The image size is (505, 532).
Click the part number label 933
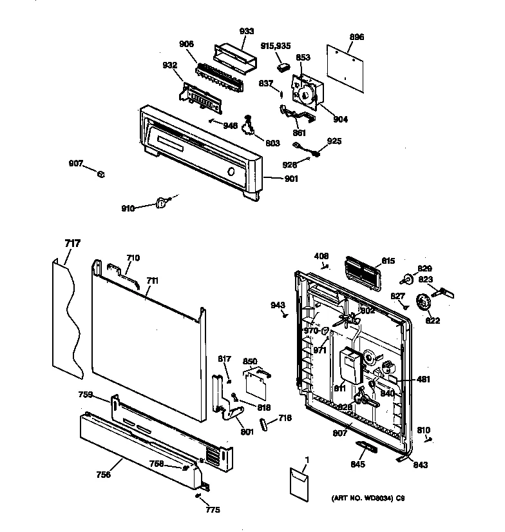click(246, 31)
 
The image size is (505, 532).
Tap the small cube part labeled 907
click(100, 173)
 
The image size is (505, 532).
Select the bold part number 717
click(73, 243)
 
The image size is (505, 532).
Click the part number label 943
click(278, 305)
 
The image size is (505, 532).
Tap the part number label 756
click(103, 475)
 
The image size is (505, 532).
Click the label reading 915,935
click(276, 45)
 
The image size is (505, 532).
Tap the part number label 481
click(424, 379)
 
